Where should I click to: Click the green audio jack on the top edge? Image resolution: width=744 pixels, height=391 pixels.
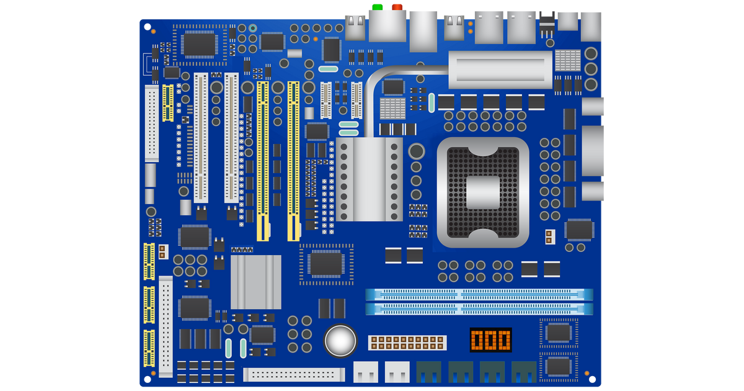[x=376, y=7]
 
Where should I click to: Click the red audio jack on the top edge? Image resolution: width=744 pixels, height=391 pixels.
[x=397, y=7]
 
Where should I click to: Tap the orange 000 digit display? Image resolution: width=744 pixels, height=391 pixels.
[x=491, y=340]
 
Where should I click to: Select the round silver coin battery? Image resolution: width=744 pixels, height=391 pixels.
[x=341, y=340]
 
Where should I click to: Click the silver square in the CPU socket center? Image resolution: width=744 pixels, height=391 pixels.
[x=483, y=192]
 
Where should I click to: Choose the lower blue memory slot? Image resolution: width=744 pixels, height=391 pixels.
[x=479, y=308]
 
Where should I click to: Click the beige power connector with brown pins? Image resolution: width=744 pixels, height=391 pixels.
[x=407, y=343]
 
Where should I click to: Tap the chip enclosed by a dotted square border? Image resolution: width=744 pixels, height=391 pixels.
[x=326, y=264]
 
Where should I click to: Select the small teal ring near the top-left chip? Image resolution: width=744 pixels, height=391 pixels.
[x=252, y=28]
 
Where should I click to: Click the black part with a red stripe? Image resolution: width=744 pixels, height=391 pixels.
[x=546, y=25]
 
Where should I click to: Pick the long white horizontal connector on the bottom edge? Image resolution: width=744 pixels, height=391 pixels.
[x=294, y=374]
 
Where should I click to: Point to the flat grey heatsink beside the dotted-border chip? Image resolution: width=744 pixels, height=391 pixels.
[x=255, y=281]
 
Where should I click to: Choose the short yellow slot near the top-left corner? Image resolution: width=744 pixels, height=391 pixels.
[x=167, y=102]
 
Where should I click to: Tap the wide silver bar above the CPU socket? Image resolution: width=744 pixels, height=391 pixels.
[x=500, y=70]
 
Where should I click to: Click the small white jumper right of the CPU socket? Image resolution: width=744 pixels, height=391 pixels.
[x=549, y=236]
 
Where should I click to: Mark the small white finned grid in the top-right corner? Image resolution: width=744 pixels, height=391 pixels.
[x=567, y=61]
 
